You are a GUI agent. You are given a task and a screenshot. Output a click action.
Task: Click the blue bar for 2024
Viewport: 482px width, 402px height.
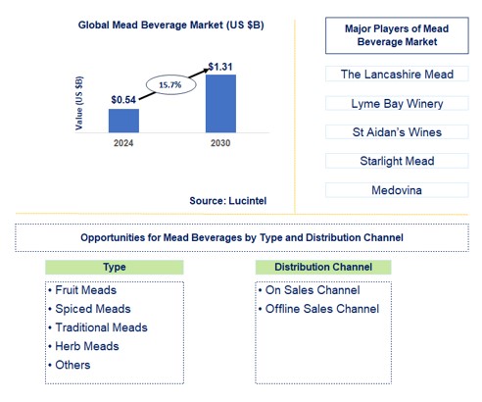[x=123, y=121]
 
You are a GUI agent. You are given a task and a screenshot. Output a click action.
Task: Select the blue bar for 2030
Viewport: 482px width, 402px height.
[x=220, y=103]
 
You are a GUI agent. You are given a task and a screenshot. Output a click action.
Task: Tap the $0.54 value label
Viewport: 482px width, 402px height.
[x=122, y=99]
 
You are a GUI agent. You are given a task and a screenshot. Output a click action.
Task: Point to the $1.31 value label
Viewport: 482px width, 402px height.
[x=220, y=65]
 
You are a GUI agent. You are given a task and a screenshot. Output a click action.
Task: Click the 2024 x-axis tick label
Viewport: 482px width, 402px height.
[x=123, y=143]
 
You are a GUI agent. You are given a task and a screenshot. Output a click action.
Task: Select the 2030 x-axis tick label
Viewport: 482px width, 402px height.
[x=220, y=143]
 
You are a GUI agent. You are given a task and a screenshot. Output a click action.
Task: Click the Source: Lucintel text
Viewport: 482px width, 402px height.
[x=228, y=200]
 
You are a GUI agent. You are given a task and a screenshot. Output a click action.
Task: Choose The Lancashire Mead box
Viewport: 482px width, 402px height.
[x=397, y=74]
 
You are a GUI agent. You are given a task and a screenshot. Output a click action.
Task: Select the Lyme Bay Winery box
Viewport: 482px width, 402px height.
[x=397, y=103]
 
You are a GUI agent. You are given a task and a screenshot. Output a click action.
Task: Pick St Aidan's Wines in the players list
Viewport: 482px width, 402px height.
[x=397, y=131]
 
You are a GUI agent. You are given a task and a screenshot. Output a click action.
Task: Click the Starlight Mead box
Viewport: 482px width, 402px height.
[x=397, y=161]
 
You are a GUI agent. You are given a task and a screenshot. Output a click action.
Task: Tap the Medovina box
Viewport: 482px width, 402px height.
[x=397, y=189]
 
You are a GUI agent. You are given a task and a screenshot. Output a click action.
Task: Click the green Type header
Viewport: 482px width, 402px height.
[x=114, y=267]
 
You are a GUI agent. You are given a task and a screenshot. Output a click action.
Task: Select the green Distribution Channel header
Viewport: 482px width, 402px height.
[x=322, y=267]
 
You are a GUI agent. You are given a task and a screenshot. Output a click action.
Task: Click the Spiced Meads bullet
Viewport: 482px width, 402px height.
[x=85, y=309]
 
